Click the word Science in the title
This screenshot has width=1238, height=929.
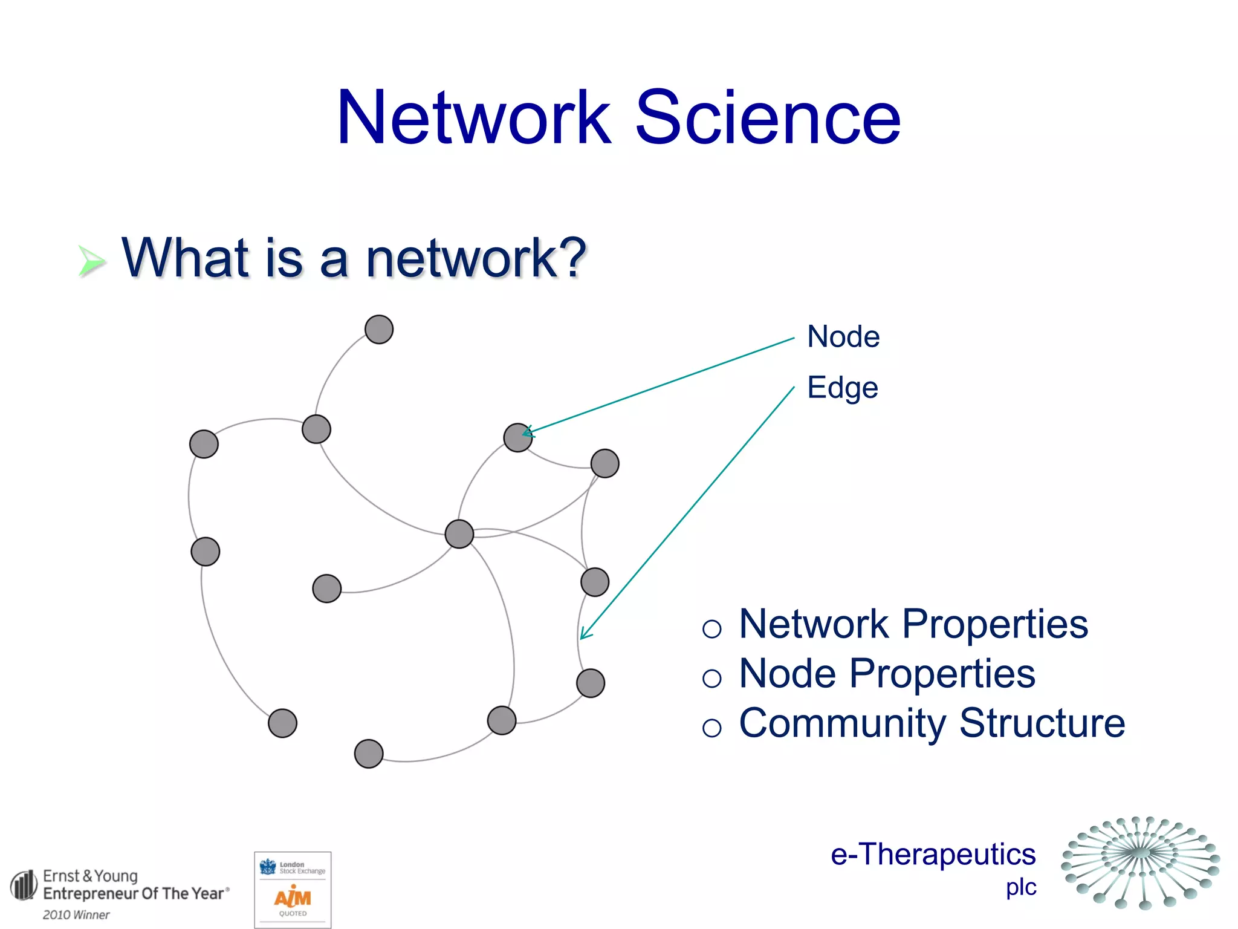point(768,118)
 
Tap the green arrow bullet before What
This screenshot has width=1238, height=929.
point(92,261)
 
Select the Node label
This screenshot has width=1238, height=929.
point(843,336)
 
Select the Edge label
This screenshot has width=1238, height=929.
point(842,388)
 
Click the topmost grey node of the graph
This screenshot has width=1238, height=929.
point(379,330)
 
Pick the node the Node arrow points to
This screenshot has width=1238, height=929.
point(517,437)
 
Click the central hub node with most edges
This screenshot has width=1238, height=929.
point(459,534)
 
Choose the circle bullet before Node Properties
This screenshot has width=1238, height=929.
point(712,679)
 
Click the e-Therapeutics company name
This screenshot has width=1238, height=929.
point(933,855)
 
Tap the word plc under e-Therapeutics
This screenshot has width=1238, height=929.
point(1021,887)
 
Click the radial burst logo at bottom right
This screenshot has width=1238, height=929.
point(1141,862)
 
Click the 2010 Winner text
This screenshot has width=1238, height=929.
point(76,915)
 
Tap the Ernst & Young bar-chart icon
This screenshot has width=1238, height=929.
point(24,885)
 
